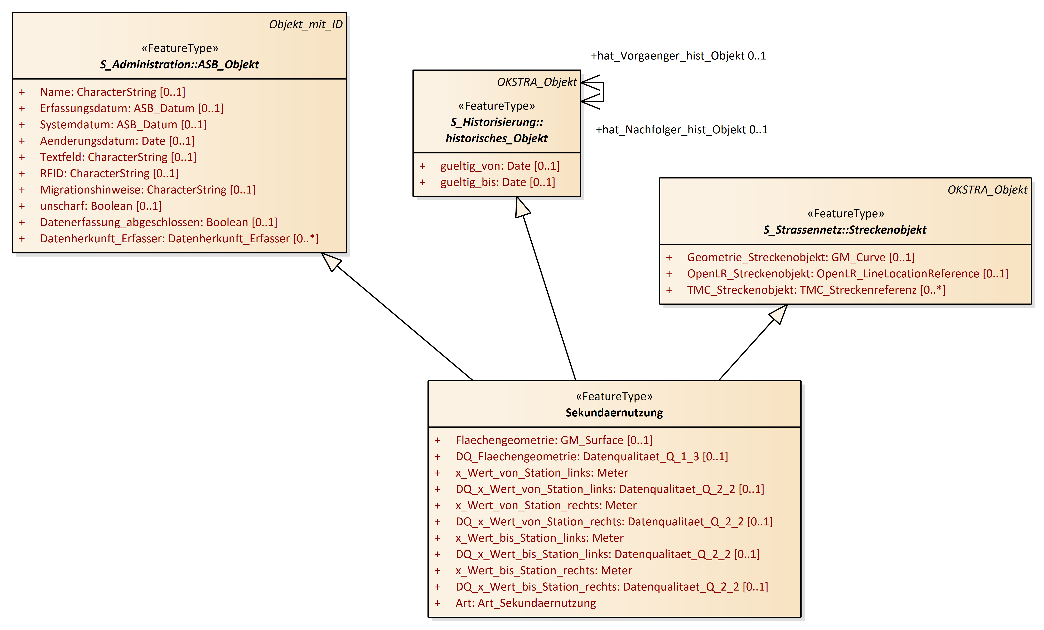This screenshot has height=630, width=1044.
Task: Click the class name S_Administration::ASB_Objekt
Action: click(179, 65)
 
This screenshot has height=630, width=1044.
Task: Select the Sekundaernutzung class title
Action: click(614, 412)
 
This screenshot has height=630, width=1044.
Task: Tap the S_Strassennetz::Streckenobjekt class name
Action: click(845, 230)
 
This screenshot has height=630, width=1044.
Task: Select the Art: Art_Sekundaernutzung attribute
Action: click(525, 603)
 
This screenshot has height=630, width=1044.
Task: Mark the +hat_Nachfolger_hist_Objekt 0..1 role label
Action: click(681, 130)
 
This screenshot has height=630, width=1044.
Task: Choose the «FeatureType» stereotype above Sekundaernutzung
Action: click(614, 396)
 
